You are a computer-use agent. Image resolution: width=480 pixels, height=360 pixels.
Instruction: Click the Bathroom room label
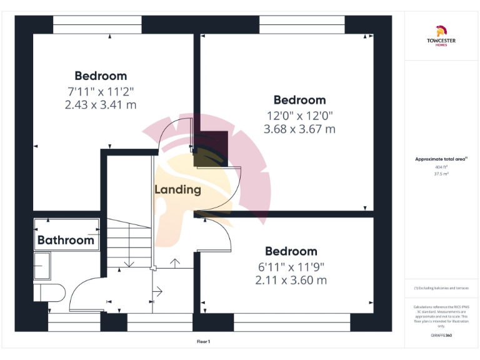(x=66, y=240)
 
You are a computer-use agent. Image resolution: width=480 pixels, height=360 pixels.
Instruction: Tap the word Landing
(x=177, y=189)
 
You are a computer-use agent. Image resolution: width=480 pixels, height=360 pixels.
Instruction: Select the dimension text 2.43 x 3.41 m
(x=100, y=105)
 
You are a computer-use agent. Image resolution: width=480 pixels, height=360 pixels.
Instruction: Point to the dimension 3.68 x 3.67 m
(x=299, y=129)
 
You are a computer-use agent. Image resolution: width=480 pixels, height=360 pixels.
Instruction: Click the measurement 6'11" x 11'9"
(x=291, y=266)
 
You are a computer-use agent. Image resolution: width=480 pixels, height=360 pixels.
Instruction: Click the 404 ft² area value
(x=441, y=167)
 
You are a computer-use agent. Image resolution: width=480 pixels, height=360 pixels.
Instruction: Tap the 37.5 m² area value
(x=441, y=174)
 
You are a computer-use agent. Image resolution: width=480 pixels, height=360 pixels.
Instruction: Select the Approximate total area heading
(x=441, y=159)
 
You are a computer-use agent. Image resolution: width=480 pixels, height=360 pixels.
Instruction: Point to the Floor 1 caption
(x=204, y=341)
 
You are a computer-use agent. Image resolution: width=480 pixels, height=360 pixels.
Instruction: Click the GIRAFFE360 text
(x=441, y=336)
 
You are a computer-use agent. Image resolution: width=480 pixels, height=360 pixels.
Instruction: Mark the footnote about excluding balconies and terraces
(x=441, y=288)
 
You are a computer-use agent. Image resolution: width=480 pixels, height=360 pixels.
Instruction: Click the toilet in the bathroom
(x=49, y=292)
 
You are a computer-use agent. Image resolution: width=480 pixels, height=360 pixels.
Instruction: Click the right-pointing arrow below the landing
(x=157, y=291)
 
